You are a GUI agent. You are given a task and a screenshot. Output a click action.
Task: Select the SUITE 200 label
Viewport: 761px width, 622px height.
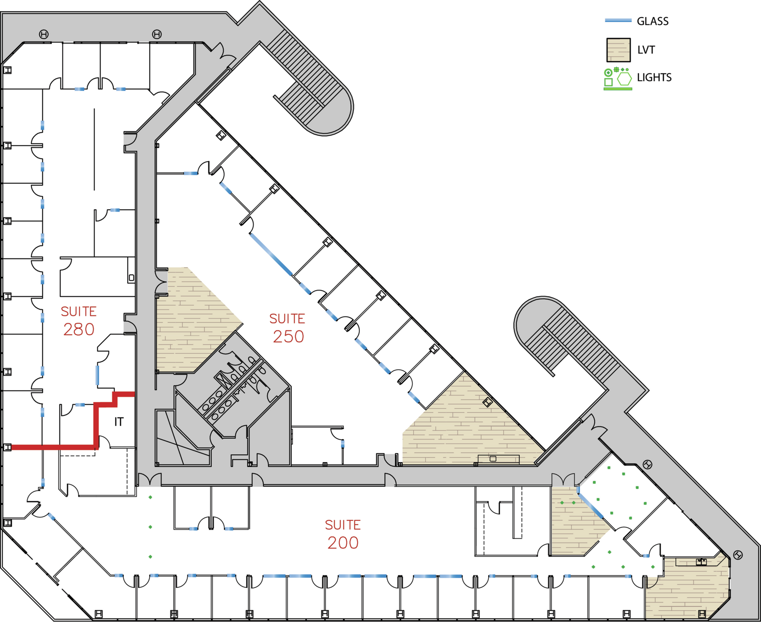click(x=343, y=534)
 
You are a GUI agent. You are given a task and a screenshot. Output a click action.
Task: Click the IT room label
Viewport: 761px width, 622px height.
click(x=119, y=422)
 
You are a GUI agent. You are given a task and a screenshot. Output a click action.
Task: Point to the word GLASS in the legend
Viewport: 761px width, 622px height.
click(x=653, y=21)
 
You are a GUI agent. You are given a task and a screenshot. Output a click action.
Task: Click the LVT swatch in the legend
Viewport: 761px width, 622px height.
click(x=619, y=50)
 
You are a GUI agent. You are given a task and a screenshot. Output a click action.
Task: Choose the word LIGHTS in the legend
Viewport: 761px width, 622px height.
click(x=654, y=77)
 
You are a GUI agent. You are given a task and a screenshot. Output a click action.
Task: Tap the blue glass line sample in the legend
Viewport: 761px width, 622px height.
click(x=618, y=20)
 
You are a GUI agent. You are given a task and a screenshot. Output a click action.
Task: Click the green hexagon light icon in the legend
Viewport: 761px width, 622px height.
click(x=624, y=79)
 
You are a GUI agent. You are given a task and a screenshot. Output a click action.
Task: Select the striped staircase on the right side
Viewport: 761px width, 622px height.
click(x=567, y=338)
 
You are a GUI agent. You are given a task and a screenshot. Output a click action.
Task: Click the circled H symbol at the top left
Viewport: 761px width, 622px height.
click(x=44, y=34)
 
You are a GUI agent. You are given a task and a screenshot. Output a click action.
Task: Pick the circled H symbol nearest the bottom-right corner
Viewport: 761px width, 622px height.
click(x=738, y=555)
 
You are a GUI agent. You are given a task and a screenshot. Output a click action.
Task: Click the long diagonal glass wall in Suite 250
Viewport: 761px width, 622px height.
click(x=271, y=255)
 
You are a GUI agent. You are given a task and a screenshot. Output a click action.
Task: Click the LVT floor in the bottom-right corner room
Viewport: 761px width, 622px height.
click(x=687, y=590)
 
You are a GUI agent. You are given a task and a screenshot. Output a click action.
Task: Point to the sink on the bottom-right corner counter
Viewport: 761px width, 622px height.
click(x=701, y=562)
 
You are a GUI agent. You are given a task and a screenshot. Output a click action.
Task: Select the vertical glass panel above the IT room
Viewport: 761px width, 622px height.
click(x=97, y=375)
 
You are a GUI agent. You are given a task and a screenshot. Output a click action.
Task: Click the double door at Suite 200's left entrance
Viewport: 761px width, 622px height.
click(x=150, y=480)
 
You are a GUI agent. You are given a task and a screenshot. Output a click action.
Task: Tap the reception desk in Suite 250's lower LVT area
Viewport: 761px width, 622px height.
click(x=498, y=459)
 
